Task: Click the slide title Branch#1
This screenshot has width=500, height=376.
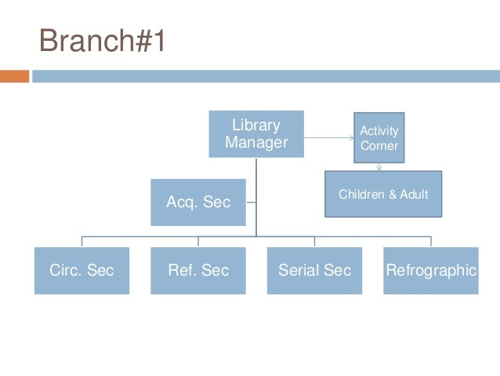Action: point(103,41)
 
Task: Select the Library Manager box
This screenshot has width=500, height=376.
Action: point(255,133)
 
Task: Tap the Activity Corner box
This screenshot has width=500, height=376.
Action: point(379,137)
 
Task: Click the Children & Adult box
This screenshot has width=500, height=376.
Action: point(383,194)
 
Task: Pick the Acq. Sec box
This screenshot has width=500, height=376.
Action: point(198,202)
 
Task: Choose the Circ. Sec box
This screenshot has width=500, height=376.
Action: point(82,271)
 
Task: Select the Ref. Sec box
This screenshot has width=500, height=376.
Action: point(198,271)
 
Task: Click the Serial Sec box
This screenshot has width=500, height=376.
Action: point(314,271)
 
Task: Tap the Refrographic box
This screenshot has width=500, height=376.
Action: point(430,271)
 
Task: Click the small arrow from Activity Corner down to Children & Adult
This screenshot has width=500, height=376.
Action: point(379,166)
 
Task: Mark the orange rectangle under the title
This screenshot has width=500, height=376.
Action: point(14,76)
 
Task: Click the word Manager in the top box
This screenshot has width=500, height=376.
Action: point(256,143)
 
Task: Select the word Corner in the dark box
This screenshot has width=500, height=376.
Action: point(379,146)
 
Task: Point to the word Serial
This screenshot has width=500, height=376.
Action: point(298,271)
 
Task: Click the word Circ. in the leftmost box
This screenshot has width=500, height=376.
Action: point(65,271)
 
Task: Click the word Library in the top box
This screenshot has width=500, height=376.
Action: point(256,126)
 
